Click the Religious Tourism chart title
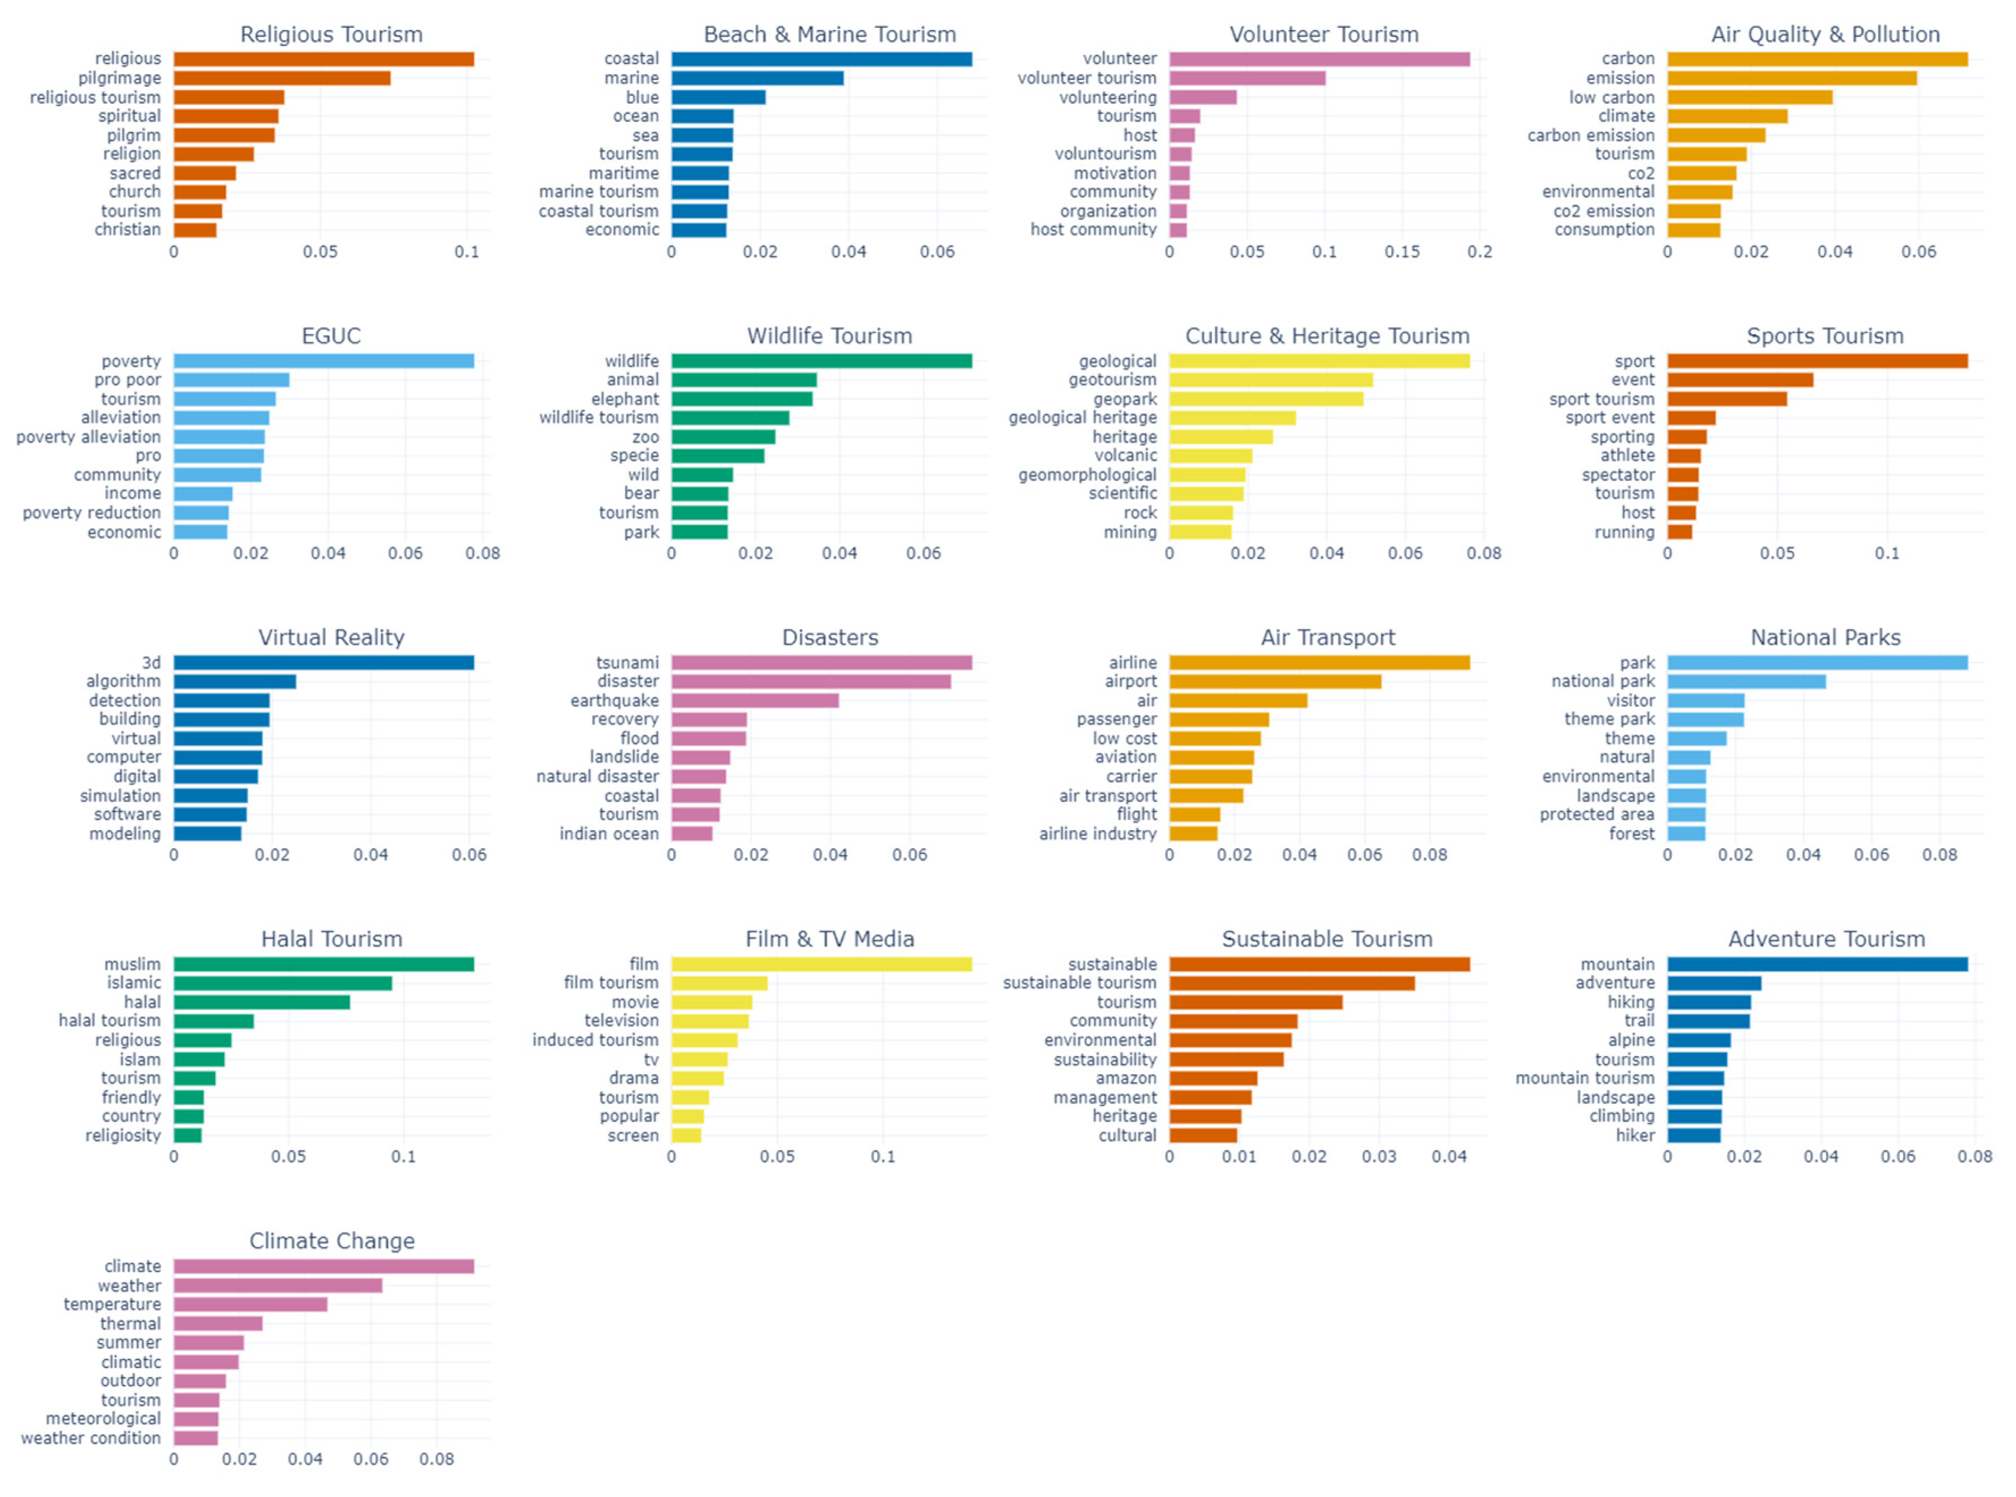click(331, 35)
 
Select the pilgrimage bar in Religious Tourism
click(282, 78)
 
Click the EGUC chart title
click(331, 336)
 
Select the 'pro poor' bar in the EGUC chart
click(231, 380)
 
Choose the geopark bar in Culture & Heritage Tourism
click(1265, 399)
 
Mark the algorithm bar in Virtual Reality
click(234, 681)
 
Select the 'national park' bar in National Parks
click(1745, 681)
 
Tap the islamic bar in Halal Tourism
click(283, 983)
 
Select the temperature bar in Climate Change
click(250, 1305)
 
